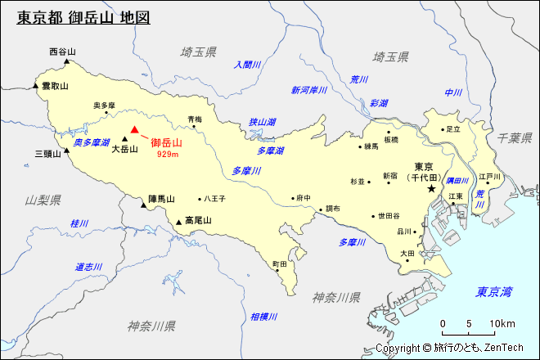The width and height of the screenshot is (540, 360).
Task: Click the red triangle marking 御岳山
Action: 135,128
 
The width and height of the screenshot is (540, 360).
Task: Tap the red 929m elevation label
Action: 168,154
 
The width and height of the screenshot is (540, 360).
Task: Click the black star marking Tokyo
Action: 431,189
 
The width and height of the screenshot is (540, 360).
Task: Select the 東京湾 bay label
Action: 495,291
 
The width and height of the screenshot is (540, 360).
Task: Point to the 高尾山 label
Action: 198,220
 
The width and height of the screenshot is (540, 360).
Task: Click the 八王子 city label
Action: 215,198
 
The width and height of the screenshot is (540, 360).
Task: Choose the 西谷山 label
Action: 62,52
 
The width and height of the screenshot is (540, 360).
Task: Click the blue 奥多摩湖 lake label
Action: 92,142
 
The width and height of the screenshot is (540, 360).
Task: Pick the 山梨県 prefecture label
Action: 43,200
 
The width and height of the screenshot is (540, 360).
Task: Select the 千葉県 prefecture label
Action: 515,137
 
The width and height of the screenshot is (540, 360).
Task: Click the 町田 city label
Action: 280,264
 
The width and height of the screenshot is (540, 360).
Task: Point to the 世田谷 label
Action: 389,216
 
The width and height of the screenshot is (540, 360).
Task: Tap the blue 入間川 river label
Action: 246,65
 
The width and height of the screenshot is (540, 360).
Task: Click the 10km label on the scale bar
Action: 502,324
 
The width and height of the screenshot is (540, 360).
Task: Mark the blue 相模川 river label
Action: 264,317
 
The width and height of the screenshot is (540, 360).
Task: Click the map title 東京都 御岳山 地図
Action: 83,17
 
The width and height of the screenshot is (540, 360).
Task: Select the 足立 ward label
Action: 453,128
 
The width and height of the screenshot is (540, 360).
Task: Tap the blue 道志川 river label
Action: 88,267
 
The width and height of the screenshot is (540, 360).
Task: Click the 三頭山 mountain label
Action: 47,153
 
